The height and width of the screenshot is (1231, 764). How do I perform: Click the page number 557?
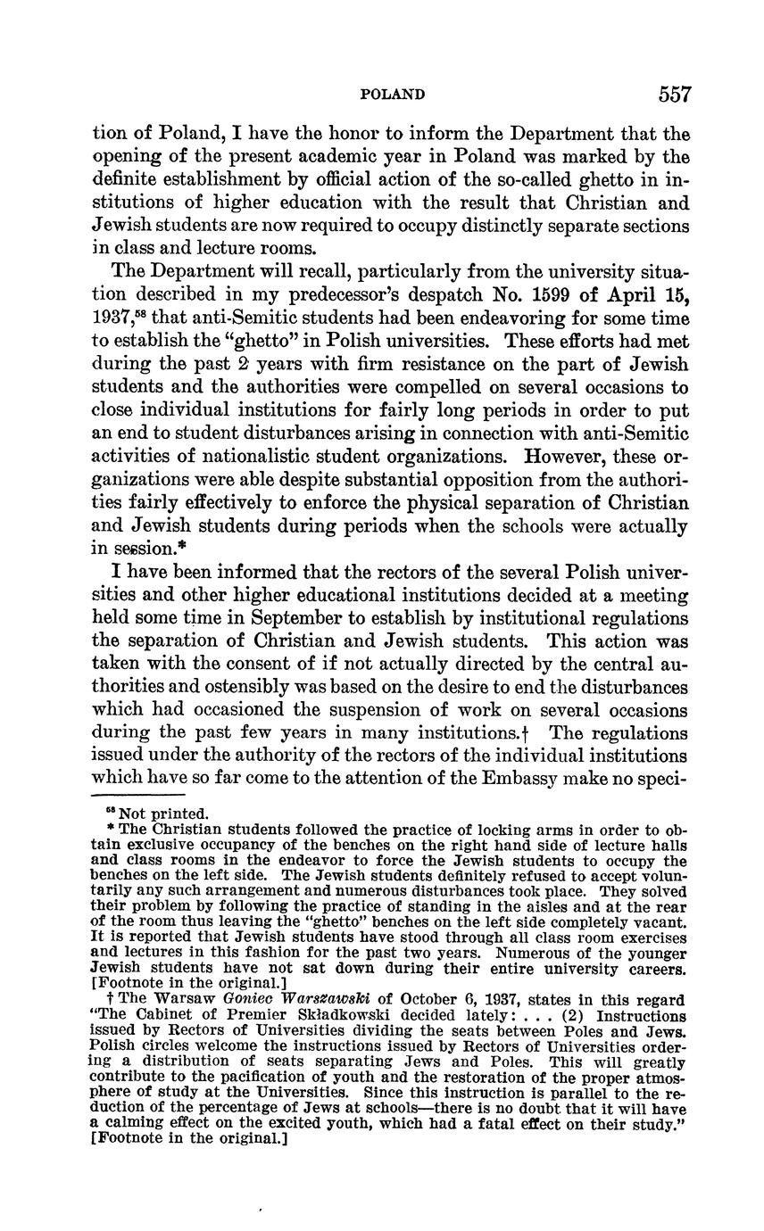[675, 95]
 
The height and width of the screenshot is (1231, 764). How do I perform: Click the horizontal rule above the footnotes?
[138, 794]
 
